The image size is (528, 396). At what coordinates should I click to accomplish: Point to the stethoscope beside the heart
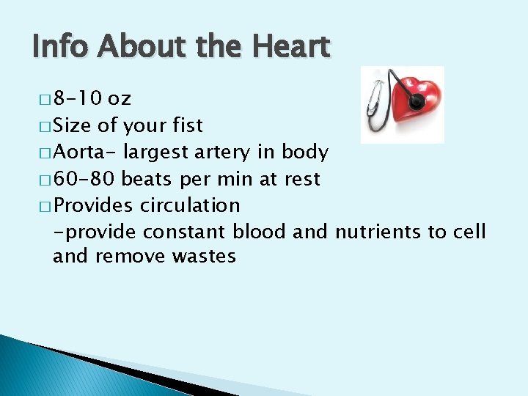(x=375, y=110)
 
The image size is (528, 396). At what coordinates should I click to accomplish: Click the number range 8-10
(x=76, y=99)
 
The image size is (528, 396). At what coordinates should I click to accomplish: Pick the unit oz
(x=120, y=99)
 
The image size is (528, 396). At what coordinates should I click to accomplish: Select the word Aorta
(x=85, y=152)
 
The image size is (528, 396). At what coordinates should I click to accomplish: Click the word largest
(x=156, y=153)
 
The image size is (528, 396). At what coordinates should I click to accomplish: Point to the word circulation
(x=190, y=205)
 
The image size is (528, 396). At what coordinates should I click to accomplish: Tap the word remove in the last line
(x=131, y=256)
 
